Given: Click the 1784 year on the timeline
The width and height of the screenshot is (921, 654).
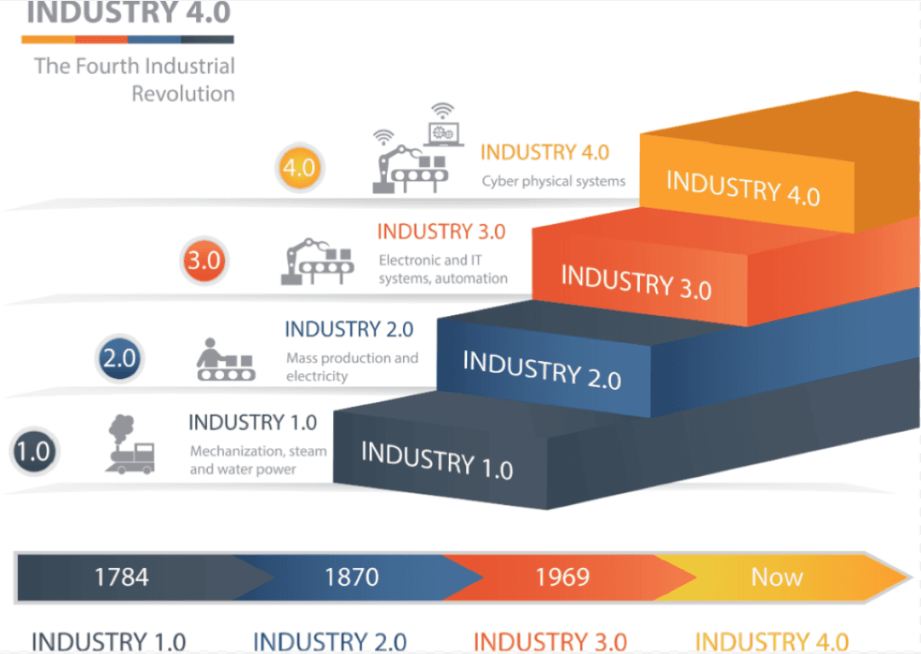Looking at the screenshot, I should click(x=121, y=577).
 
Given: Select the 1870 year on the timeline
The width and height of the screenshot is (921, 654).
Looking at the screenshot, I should click(x=351, y=577).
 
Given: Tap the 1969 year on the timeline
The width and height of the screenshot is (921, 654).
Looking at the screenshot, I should click(x=562, y=577).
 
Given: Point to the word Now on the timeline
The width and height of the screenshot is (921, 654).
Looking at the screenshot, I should click(x=776, y=577).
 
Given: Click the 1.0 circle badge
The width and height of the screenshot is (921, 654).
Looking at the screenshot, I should click(x=33, y=450).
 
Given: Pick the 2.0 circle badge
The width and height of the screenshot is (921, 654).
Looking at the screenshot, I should click(x=119, y=359).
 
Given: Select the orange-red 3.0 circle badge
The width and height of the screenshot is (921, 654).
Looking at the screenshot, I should click(x=204, y=261).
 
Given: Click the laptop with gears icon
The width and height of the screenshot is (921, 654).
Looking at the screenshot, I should click(x=444, y=126).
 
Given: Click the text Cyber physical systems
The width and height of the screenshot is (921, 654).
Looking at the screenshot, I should click(x=553, y=181).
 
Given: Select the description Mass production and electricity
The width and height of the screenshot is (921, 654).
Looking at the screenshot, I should click(x=352, y=367).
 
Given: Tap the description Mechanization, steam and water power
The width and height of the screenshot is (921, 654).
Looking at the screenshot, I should click(x=257, y=460).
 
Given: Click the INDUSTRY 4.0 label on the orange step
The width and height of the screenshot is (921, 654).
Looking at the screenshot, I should click(x=742, y=187).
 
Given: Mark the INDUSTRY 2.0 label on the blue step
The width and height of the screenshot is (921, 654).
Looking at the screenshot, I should click(x=541, y=370).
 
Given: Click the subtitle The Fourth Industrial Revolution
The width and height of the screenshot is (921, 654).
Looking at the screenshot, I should click(x=135, y=79).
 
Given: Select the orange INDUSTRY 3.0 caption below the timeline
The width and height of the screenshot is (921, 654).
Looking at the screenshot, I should click(x=550, y=641).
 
